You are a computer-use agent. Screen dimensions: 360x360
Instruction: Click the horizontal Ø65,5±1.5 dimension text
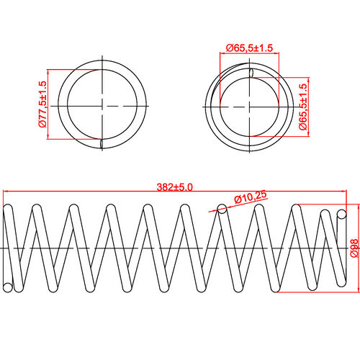tap(248, 48)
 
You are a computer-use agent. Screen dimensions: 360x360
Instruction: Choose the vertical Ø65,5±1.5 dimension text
tap(303, 107)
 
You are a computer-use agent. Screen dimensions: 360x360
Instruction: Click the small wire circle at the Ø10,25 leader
tap(222, 210)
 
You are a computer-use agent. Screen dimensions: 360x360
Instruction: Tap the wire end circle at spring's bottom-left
tap(8, 287)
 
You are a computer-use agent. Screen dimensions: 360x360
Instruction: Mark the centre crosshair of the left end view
tap(102, 105)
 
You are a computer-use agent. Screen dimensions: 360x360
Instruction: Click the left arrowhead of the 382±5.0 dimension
tap(6, 192)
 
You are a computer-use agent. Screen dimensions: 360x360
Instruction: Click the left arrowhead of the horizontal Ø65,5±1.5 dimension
tap(221, 54)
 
